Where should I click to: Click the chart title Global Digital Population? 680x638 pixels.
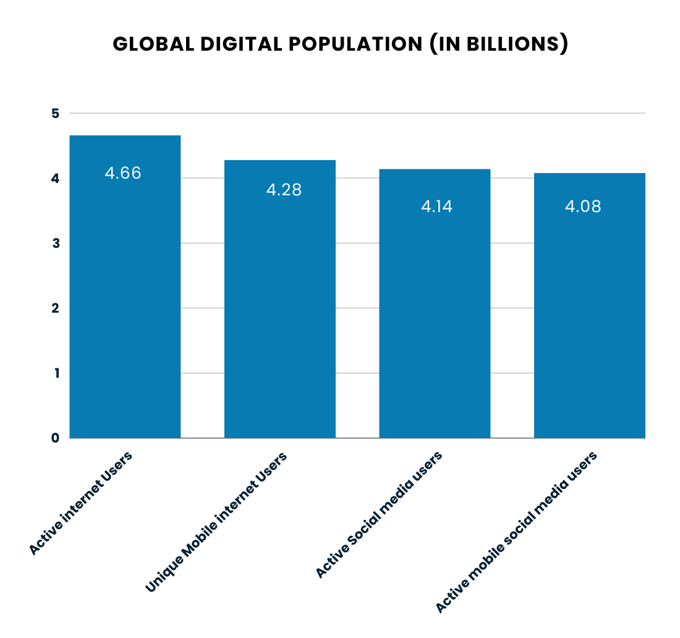point(340,45)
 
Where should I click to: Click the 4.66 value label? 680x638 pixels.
point(123,173)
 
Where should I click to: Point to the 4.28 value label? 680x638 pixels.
point(284,190)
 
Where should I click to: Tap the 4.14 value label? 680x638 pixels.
point(436,206)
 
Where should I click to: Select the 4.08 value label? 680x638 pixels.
point(583,206)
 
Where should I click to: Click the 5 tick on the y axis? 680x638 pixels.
point(55,114)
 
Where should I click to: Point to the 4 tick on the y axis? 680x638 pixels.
point(55,179)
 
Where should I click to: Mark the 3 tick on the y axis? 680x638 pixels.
point(55,244)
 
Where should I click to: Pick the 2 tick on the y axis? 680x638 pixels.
point(55,308)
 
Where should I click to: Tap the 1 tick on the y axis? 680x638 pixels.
point(55,373)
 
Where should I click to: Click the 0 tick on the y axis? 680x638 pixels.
point(55,438)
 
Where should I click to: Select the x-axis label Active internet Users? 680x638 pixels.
point(81,503)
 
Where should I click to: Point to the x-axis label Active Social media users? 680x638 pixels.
point(379,515)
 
